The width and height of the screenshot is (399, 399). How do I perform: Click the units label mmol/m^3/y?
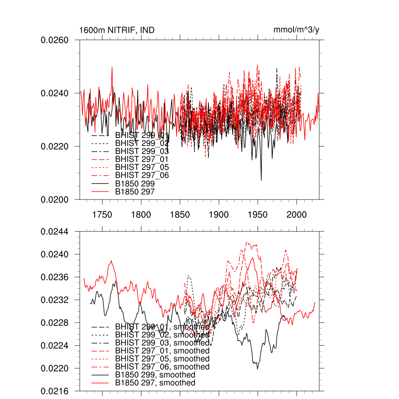[297, 30]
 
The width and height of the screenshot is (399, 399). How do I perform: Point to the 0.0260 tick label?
[55, 40]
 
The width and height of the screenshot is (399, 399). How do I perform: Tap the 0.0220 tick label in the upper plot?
[55, 147]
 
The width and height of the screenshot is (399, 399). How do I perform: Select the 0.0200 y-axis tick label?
[55, 199]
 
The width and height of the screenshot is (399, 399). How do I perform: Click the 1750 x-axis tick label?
[102, 215]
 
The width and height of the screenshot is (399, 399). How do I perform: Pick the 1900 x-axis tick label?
[219, 215]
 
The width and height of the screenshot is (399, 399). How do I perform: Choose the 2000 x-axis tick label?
[297, 215]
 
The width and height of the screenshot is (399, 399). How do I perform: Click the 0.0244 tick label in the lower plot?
[55, 231]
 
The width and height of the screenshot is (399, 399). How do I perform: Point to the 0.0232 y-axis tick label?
[55, 300]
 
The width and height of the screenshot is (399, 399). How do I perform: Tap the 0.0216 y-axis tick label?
[55, 391]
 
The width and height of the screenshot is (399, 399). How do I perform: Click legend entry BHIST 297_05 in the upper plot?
[142, 167]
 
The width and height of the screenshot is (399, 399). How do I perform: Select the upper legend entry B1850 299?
[135, 184]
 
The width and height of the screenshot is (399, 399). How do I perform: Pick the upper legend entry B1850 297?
[135, 192]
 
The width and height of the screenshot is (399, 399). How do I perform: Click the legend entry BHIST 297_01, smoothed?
[162, 351]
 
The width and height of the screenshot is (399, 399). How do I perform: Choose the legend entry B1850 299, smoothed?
[155, 375]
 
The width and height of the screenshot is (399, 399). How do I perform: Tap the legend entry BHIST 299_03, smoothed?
[162, 343]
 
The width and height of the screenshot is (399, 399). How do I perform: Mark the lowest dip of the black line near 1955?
[261, 180]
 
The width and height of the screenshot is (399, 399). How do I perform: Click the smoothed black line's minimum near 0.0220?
[257, 369]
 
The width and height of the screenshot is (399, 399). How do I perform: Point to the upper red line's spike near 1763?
[112, 67]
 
